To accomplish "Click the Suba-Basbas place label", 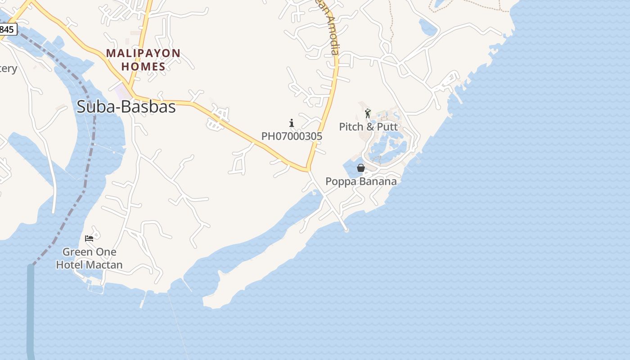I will (126, 107).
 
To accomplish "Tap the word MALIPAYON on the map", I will (143, 54).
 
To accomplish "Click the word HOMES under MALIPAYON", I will (144, 67).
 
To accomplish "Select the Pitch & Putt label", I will (369, 126).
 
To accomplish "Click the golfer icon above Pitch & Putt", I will (368, 113).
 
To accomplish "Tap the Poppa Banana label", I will (361, 181).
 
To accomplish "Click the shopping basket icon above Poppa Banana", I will (361, 168).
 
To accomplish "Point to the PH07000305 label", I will (292, 136).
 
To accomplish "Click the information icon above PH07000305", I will (292, 123).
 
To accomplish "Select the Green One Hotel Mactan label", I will (89, 258).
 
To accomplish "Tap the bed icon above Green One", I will (89, 238).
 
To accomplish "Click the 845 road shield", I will (7, 30).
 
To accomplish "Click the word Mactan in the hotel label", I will (104, 265).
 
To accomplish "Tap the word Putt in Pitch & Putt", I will (387, 126).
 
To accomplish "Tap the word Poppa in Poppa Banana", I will (340, 181).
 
